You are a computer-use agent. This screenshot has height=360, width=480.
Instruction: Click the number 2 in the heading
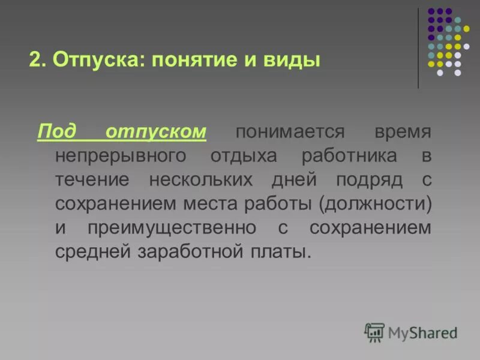coord(34,61)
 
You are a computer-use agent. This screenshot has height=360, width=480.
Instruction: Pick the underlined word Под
coord(56,131)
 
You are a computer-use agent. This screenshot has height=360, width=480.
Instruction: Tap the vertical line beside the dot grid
coord(418,48)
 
